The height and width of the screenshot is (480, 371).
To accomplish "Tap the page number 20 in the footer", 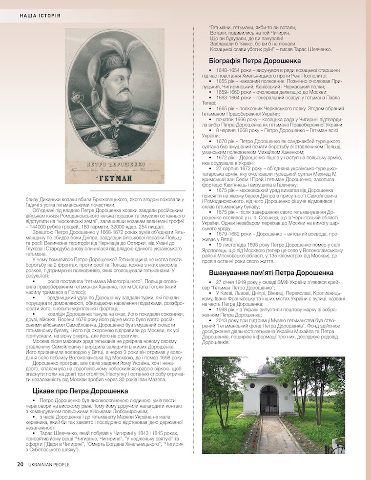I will pyautogui.click(x=20, y=464).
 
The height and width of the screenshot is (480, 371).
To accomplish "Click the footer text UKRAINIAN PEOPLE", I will pyautogui.click(x=51, y=464).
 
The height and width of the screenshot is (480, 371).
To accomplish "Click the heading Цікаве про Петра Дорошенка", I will pyautogui.click(x=73, y=391).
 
